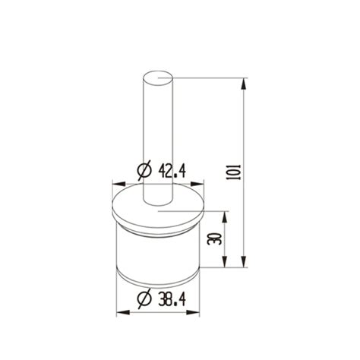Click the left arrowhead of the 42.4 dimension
[115, 183]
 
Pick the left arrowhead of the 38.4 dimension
[119, 311]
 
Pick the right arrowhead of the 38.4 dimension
[200, 311]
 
